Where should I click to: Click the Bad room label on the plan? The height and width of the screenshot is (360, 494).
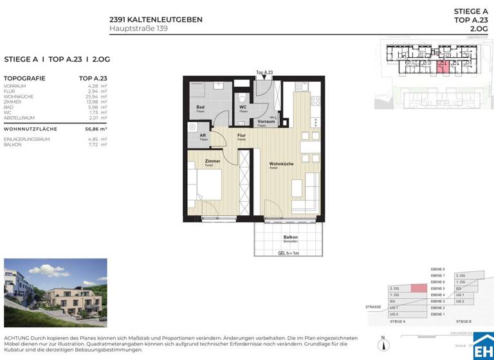[x=201, y=107]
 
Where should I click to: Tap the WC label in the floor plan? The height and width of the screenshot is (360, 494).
[x=243, y=107]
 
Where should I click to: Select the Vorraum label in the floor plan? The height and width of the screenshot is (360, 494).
[x=266, y=122]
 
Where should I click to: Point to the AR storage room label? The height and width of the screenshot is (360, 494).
[x=203, y=136]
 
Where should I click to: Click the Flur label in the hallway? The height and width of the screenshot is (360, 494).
[x=242, y=136]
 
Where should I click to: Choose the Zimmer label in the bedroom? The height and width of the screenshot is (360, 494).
[x=212, y=161]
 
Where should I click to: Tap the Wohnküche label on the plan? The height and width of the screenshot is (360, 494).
[x=281, y=164]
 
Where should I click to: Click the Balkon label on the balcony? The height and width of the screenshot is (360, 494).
[x=291, y=238]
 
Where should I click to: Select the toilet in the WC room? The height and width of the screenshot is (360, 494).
[x=242, y=97]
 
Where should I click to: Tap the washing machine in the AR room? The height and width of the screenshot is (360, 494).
[x=191, y=128]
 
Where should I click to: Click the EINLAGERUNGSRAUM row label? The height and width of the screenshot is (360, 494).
[x=27, y=139]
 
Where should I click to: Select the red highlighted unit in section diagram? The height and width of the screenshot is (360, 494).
[x=418, y=289]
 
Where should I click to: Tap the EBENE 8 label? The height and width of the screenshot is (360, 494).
[x=438, y=269]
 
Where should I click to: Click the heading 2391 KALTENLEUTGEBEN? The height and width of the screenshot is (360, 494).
[x=156, y=19]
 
